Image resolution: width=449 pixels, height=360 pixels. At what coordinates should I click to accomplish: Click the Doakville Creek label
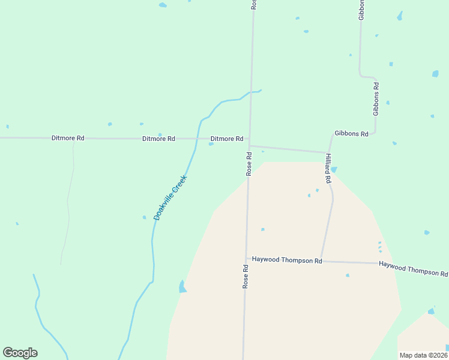170,197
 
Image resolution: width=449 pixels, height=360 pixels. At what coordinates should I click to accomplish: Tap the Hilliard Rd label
328,167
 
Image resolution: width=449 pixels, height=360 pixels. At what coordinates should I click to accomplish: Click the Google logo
20,353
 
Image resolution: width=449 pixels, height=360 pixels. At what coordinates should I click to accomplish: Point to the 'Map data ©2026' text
423,355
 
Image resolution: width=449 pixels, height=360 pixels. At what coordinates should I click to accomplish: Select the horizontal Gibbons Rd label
351,134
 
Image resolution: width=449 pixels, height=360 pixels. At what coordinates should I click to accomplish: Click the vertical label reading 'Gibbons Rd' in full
376,99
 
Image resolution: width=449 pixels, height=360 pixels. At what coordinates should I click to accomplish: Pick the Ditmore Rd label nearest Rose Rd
226,139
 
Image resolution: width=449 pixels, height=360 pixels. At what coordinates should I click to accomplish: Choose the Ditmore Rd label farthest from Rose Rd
68,138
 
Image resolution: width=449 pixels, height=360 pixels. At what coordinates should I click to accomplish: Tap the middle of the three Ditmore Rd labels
158,139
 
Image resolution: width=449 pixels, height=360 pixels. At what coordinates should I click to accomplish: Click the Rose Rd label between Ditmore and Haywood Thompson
249,163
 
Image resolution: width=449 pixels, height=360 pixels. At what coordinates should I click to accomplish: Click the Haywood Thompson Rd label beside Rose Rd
287,260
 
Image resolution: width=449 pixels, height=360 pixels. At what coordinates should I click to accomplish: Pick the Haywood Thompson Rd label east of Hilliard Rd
413,269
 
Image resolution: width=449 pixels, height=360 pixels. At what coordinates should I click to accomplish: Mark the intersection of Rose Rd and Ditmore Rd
250,139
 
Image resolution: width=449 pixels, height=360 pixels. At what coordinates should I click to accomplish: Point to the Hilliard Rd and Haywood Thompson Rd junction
321,261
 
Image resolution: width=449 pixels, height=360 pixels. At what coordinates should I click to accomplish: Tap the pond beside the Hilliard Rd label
334,170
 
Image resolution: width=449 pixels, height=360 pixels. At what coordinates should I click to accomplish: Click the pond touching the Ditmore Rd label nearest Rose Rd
211,144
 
